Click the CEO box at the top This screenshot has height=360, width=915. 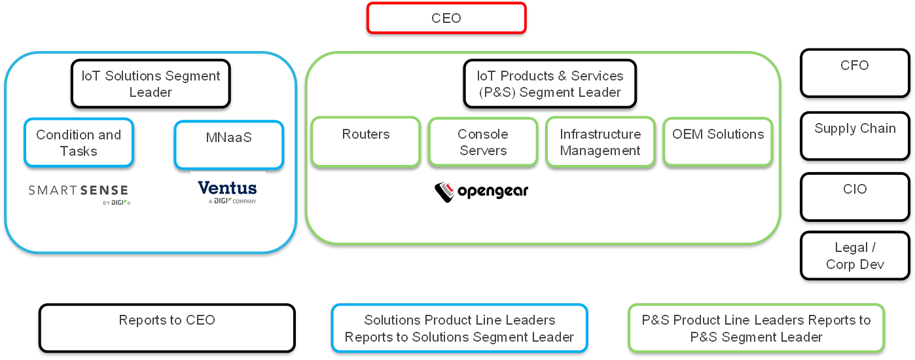(446, 18)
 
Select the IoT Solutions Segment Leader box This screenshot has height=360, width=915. (151, 84)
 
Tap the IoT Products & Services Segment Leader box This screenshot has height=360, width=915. (550, 84)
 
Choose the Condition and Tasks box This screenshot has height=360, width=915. (79, 142)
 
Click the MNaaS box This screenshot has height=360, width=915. (228, 145)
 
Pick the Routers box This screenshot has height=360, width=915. (365, 141)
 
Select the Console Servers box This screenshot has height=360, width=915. (483, 141)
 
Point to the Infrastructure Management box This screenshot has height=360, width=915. (600, 141)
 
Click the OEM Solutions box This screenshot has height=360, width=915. (718, 141)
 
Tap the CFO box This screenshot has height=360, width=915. (854, 73)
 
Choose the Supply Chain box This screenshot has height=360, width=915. (854, 135)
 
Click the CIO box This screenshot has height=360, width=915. (854, 196)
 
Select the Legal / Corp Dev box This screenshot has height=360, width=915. (854, 256)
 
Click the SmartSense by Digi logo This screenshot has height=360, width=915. (79, 194)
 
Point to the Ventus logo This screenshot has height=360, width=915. (227, 192)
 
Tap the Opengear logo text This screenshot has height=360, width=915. (493, 191)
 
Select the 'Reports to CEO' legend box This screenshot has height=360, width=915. (167, 327)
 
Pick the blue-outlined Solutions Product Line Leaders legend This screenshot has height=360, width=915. (459, 328)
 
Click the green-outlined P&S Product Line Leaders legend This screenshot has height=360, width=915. (756, 328)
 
